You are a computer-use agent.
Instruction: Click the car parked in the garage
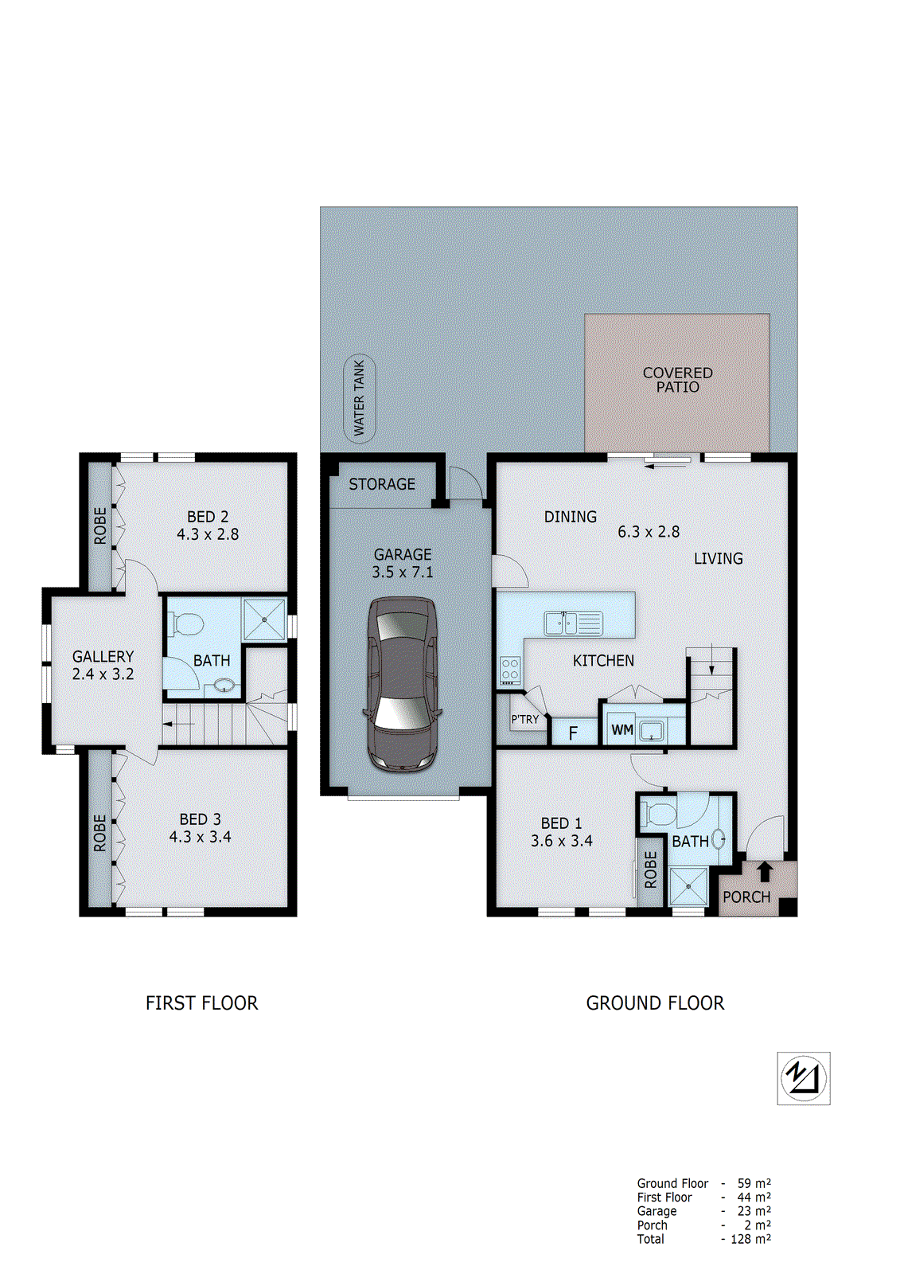pos(403,685)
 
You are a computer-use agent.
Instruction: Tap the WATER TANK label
pos(359,397)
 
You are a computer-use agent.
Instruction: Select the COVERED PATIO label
pos(677,380)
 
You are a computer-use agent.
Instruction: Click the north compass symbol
pos(804,1078)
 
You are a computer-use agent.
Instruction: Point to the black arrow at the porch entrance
pos(765,871)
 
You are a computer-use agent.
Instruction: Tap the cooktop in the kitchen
pos(510,671)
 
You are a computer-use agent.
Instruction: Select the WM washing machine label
pos(622,729)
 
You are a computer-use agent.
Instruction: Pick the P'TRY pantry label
pos(524,719)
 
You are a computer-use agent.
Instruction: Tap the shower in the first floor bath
pos(264,619)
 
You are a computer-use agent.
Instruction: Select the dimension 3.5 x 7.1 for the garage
pos(403,572)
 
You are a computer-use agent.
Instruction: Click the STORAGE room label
pos(382,484)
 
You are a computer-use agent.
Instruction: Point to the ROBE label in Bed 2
pos(100,526)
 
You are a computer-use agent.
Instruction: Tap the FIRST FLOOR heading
pos(202,1003)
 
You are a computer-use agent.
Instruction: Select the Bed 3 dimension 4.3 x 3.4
pos(201,837)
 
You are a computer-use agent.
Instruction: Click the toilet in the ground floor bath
pos(659,814)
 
